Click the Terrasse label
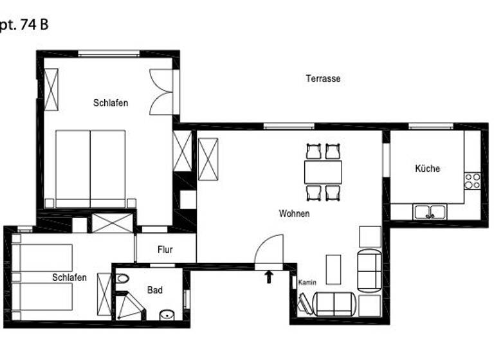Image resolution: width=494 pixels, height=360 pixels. (x=323, y=78)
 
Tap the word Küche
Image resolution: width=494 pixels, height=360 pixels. (x=427, y=168)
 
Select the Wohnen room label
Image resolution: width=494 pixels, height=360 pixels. (x=294, y=213)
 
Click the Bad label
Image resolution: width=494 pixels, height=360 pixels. (x=155, y=291)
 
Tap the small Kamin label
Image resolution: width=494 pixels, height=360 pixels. (x=306, y=282)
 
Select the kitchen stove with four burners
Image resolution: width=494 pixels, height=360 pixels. (x=472, y=181)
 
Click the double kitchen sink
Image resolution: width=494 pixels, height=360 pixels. (x=430, y=211)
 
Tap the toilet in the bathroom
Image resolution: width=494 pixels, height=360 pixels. (x=122, y=279)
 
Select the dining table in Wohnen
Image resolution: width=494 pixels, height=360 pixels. (x=323, y=172)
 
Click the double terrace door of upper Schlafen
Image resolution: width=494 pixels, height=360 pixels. (x=162, y=92)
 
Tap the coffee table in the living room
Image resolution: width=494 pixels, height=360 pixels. (x=333, y=269)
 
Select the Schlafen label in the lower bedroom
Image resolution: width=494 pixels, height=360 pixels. (x=69, y=278)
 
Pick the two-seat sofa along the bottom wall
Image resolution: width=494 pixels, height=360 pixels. (x=333, y=304)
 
